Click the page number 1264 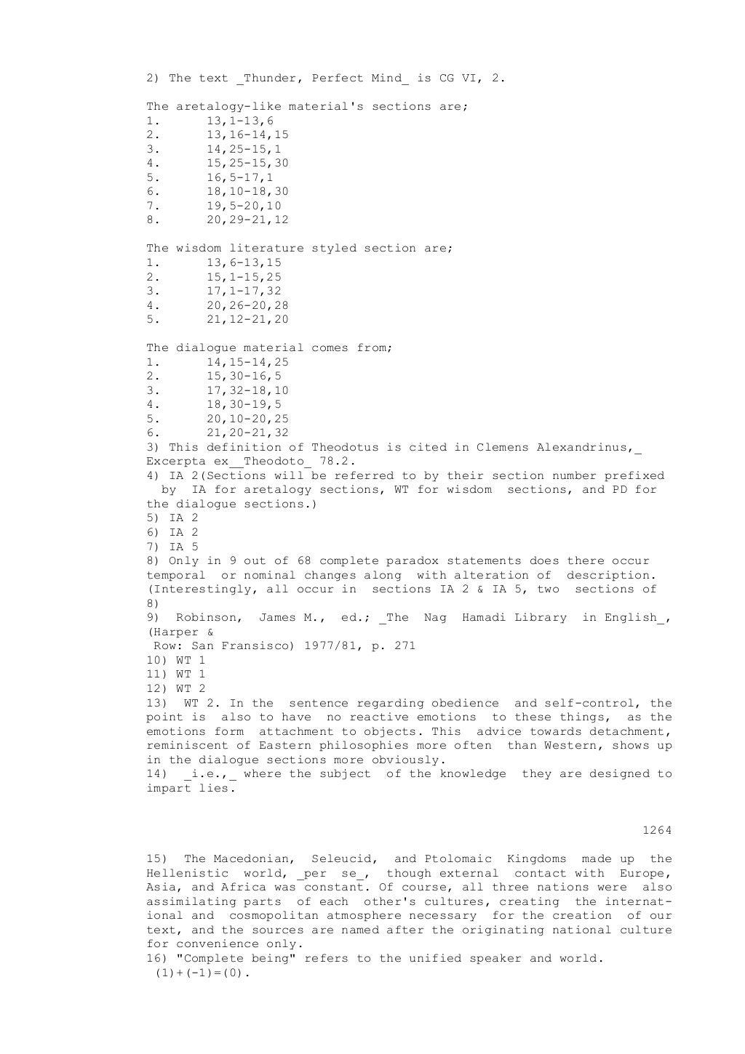coord(657,830)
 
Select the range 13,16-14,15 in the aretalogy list coord(247,135)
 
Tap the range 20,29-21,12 coord(247,220)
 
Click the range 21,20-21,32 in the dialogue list coord(247,433)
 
